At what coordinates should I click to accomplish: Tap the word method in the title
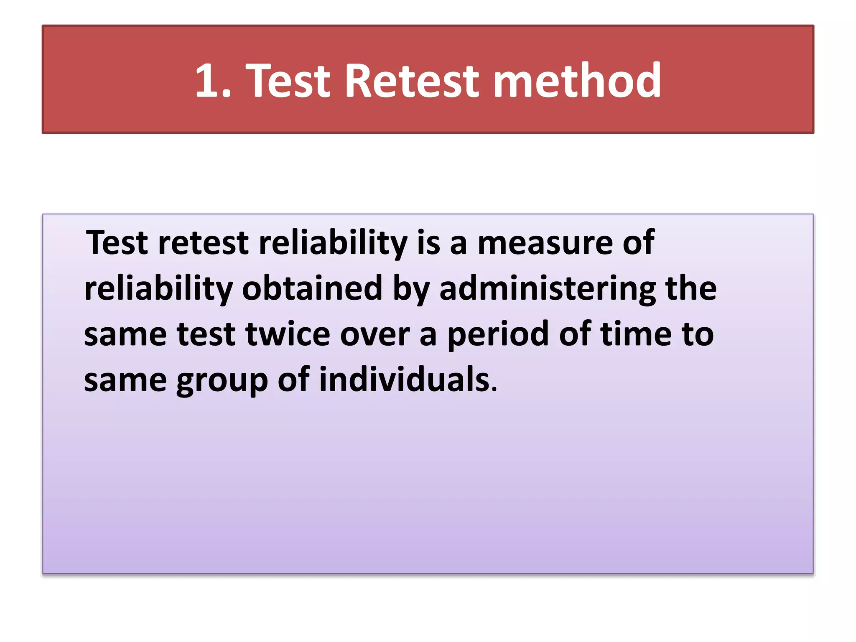577,80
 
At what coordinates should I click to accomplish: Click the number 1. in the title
213,81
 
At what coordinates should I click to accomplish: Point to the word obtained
312,288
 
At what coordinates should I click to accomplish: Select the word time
636,334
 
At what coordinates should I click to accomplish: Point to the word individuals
404,379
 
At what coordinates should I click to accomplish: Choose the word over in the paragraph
375,335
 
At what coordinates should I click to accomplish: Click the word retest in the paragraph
204,243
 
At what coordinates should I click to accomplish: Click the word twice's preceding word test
206,334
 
